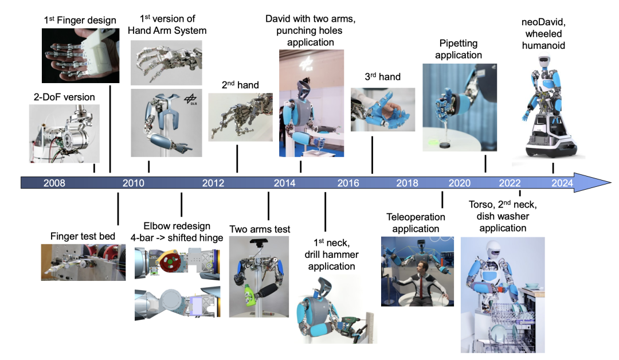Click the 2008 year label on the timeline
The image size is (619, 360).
click(54, 183)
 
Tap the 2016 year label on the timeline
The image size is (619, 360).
click(348, 183)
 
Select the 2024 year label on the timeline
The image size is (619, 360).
click(562, 183)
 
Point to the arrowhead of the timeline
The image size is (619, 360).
click(592, 183)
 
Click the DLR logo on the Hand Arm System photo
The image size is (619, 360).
click(191, 99)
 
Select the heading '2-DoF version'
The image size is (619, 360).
click(64, 97)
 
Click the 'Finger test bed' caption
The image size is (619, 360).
click(83, 236)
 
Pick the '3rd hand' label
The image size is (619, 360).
click(382, 77)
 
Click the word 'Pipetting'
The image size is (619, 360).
click(459, 44)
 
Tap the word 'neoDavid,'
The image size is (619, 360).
click(543, 22)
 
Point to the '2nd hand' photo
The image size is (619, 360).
click(240, 118)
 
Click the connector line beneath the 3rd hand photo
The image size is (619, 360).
click(373, 155)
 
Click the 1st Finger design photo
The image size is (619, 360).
click(81, 56)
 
